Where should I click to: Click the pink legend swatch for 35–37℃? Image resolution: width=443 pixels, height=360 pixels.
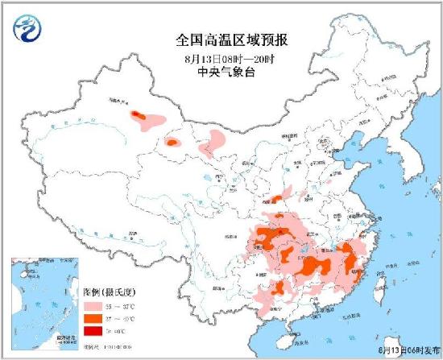click(93, 308)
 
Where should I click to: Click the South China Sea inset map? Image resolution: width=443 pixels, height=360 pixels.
click(45, 304)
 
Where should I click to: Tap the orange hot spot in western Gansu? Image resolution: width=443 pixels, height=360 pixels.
click(172, 143)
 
